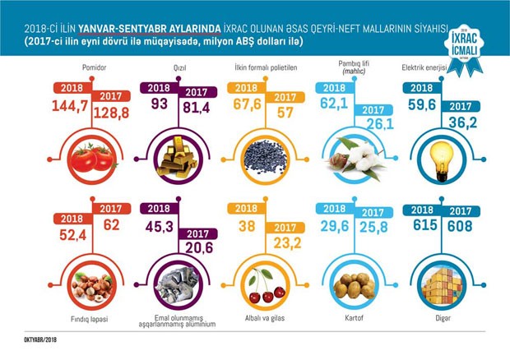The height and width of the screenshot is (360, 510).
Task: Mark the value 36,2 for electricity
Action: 459,126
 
